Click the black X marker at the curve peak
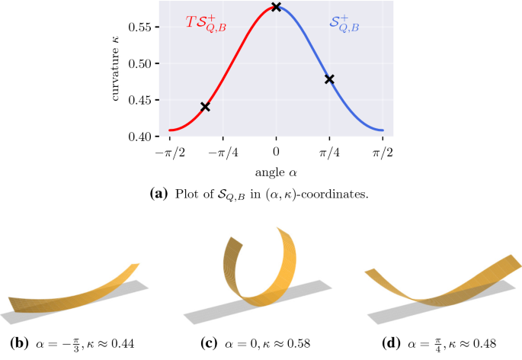point(276,7)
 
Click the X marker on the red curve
point(205,107)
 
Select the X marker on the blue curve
point(329,79)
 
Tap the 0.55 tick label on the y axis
point(145,27)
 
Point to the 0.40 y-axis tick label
point(145,137)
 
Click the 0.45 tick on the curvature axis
point(145,100)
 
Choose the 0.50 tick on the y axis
point(145,63)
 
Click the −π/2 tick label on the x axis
point(169,153)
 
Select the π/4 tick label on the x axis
point(329,153)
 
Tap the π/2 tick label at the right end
point(383,153)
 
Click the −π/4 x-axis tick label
point(223,153)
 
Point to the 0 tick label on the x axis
point(276,153)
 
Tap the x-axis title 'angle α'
point(276,172)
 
